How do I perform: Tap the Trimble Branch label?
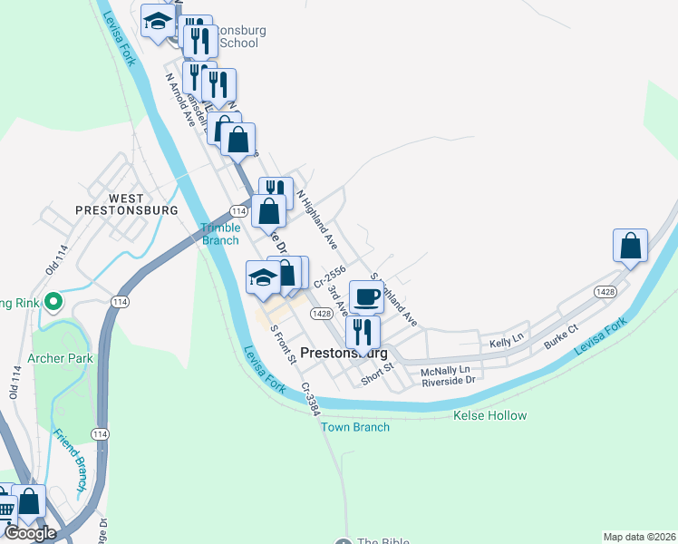(x=220, y=234)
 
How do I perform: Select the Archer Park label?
(x=61, y=358)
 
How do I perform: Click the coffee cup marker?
(x=366, y=296)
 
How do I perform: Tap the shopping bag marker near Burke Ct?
(x=630, y=246)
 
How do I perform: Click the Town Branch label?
(x=355, y=427)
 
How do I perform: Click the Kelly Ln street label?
(x=507, y=339)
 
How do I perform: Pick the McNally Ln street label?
(x=445, y=370)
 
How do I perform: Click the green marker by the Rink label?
(x=53, y=301)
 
